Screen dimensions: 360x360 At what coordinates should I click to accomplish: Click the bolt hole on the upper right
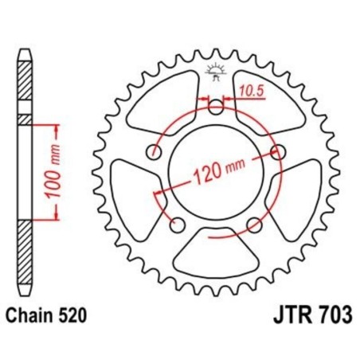[278, 151]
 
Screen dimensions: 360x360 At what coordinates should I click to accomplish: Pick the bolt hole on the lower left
[177, 223]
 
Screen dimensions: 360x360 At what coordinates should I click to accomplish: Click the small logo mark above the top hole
[215, 72]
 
